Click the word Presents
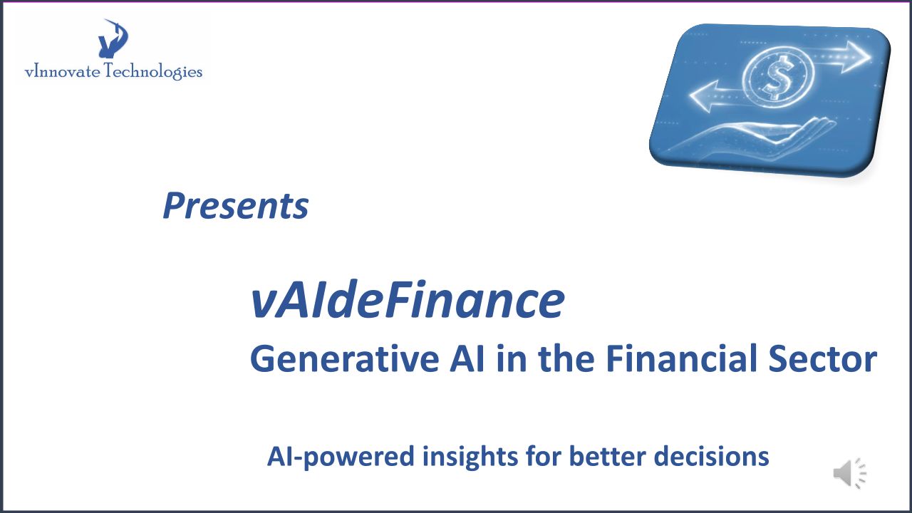tap(235, 206)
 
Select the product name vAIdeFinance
tap(408, 300)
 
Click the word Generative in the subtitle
tap(344, 358)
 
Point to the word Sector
tap(822, 358)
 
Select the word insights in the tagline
tap(470, 457)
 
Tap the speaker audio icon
tap(850, 473)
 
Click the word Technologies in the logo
tap(153, 72)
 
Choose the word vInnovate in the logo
tap(62, 72)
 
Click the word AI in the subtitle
tap(467, 358)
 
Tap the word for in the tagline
tap(543, 455)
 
